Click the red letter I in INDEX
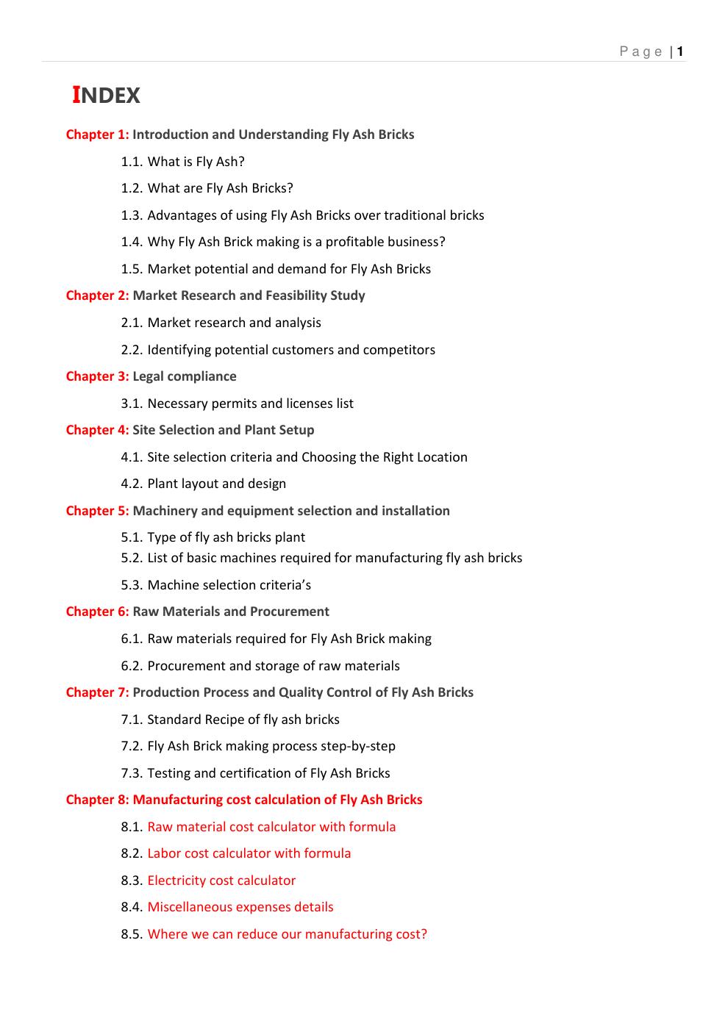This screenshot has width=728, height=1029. pos(76,95)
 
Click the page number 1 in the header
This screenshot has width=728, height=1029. pos(681,51)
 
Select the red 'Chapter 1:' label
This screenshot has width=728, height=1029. pos(97,135)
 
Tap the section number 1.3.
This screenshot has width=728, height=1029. pos(132,215)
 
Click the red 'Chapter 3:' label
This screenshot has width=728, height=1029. pos(97,376)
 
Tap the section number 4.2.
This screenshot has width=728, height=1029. pos(132,484)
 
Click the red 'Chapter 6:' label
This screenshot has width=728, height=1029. pos(97,612)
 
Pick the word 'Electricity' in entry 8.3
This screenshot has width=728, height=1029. pos(180,881)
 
